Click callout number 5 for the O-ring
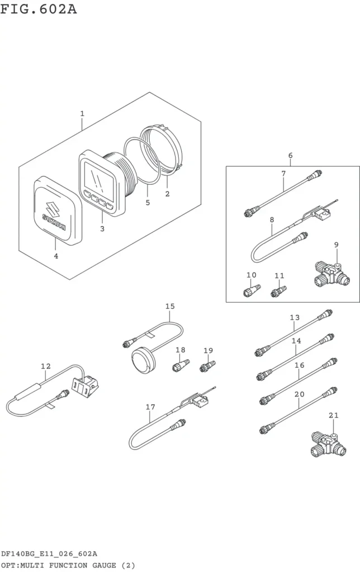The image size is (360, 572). [x=148, y=202]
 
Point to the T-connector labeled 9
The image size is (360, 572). [x=332, y=274]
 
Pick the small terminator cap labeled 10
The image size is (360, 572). [x=252, y=290]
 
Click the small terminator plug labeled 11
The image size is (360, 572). [x=278, y=291]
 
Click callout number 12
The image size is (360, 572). [x=46, y=366]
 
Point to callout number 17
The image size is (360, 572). [x=150, y=407]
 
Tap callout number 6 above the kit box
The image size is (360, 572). [x=290, y=155]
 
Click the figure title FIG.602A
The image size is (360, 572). [x=39, y=9]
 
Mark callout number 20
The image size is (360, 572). [x=300, y=394]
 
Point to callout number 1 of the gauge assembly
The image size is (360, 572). [x=82, y=113]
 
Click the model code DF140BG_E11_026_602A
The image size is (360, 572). [x=49, y=554]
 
